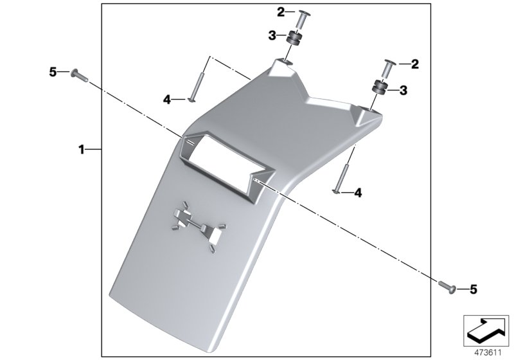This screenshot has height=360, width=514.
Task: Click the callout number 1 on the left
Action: pyautogui.click(x=82, y=149)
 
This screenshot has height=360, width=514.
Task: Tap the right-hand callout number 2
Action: pyautogui.click(x=414, y=64)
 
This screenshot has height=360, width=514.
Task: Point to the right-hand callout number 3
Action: pyautogui.click(x=403, y=91)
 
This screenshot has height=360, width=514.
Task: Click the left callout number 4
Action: pyautogui.click(x=166, y=100)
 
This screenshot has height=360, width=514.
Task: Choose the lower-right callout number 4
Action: pyautogui.click(x=358, y=192)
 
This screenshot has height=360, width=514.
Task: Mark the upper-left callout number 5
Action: pyautogui.click(x=53, y=72)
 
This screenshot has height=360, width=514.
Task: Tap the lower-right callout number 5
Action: pyautogui.click(x=473, y=290)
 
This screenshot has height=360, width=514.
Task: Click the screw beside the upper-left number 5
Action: pyautogui.click(x=78, y=75)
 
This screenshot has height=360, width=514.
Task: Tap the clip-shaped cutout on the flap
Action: pyautogui.click(x=197, y=225)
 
